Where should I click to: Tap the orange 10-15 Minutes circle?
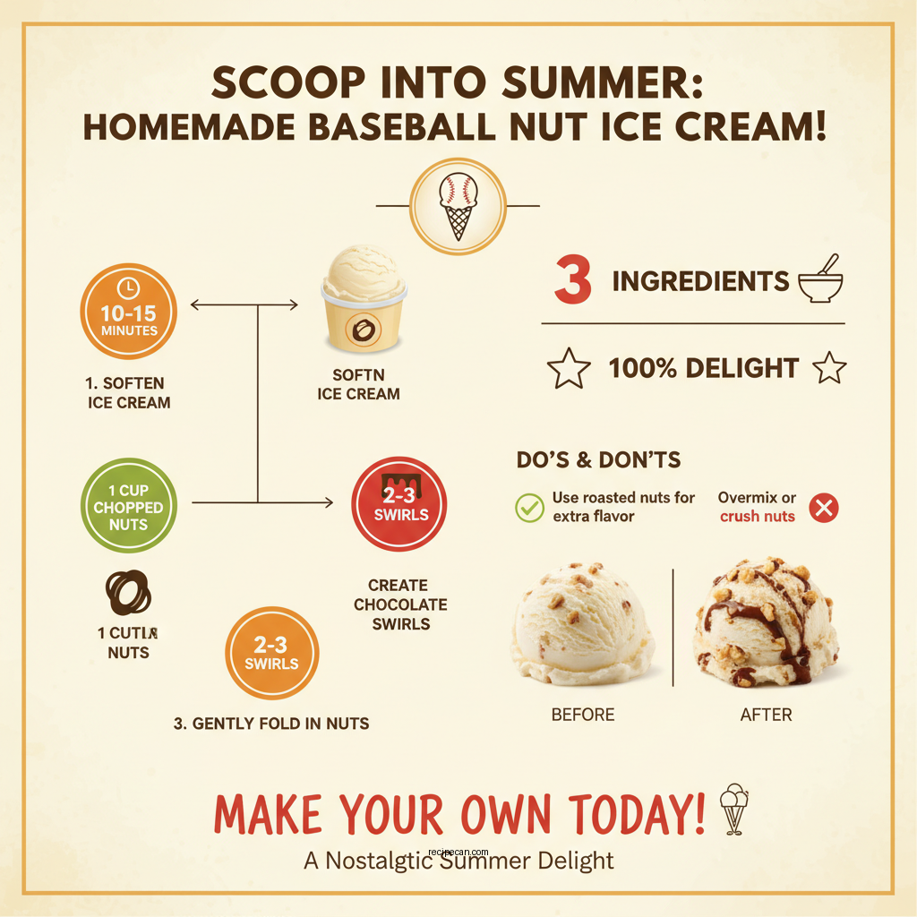click(x=129, y=312)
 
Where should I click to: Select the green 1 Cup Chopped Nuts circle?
click(x=129, y=507)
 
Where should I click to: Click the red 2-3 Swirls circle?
click(x=399, y=503)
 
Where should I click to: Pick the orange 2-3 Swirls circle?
click(x=270, y=653)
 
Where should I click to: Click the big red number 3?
click(x=573, y=280)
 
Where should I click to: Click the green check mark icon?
click(x=529, y=507)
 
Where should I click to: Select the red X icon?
click(x=823, y=508)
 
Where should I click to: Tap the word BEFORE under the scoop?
click(x=583, y=715)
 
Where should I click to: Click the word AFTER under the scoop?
click(x=767, y=715)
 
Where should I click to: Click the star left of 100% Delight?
click(x=568, y=368)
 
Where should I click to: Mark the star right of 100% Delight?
click(x=828, y=368)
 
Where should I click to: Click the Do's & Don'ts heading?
click(x=598, y=460)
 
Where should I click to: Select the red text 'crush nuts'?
click(x=757, y=516)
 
